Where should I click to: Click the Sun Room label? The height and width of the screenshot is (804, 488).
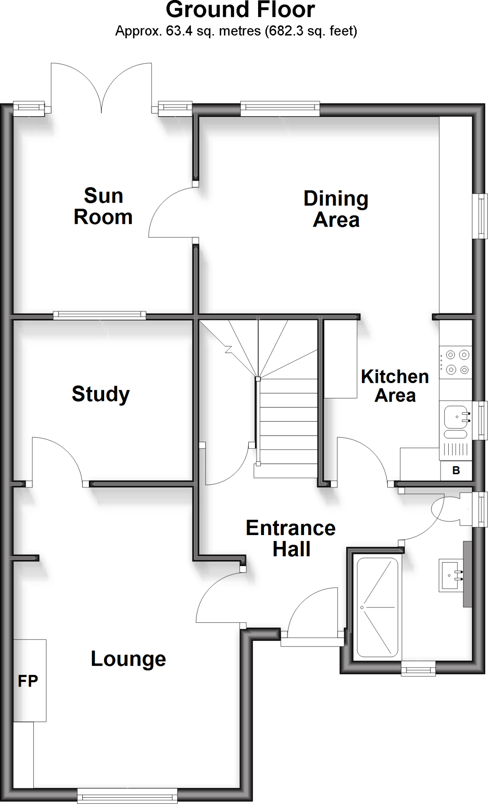103,206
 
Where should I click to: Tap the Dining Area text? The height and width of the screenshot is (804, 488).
336,209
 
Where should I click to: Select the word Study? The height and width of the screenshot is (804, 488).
101,394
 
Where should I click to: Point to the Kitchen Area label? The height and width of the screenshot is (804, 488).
394,386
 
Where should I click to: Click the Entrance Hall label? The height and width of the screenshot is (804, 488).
291,538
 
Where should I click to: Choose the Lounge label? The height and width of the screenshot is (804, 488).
128,658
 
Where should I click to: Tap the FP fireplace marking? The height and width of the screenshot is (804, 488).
28,681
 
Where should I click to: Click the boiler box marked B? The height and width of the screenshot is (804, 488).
456,470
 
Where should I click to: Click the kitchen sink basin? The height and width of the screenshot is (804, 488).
455,417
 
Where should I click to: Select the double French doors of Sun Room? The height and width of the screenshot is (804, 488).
101,88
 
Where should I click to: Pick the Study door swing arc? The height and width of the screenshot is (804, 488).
59,457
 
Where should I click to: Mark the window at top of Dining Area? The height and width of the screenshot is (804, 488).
280,109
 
